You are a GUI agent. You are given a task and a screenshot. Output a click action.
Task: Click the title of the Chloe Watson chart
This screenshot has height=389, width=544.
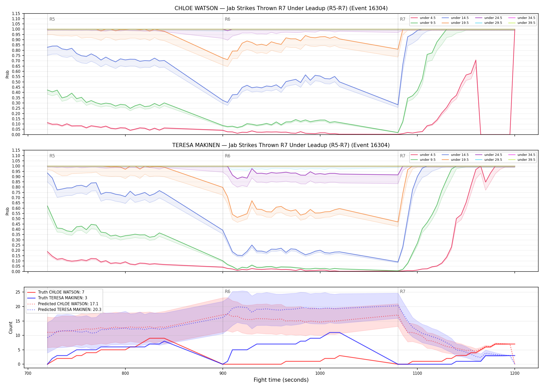[281, 8]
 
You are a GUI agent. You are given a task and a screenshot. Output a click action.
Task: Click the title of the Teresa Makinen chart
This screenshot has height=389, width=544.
[281, 145]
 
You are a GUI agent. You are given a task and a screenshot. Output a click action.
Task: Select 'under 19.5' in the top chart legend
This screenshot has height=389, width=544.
[460, 23]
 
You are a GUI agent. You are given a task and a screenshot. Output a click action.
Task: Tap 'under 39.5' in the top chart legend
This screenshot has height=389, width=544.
[526, 23]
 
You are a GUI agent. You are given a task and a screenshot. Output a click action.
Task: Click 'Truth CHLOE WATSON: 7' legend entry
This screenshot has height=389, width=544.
[61, 292]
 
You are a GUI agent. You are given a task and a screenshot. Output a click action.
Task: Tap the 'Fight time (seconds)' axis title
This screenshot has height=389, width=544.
[281, 380]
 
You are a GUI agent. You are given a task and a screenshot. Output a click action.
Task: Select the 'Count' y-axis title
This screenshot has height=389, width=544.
[11, 328]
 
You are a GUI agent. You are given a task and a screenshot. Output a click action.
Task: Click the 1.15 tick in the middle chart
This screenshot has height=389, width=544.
[17, 150]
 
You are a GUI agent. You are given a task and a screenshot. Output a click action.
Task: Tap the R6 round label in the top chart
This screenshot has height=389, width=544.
[227, 19]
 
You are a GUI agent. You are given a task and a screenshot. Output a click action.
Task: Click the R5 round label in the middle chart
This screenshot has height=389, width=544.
[52, 156]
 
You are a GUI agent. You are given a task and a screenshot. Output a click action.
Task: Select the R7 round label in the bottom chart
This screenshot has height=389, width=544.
[403, 291]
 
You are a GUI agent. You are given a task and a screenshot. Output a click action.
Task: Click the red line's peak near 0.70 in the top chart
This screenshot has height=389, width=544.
[476, 60]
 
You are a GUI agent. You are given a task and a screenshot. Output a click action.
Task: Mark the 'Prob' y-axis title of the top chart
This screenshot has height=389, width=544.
[8, 74]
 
